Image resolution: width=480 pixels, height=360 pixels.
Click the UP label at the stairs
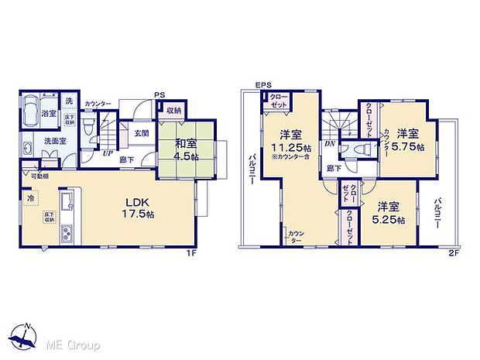[x=108, y=153]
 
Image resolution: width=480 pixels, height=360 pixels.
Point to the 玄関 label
[x=141, y=132]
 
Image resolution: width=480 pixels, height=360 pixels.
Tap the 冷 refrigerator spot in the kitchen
[x=29, y=197]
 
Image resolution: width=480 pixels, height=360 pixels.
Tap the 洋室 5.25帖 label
[x=389, y=213]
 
